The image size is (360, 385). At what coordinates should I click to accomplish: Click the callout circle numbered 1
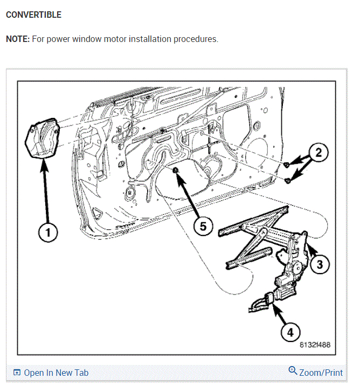click(x=47, y=233)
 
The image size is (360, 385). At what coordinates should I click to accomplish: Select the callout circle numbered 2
click(x=319, y=152)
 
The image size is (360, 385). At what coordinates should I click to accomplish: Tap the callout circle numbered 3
click(x=320, y=264)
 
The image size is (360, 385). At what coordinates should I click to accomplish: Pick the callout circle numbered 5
click(x=203, y=227)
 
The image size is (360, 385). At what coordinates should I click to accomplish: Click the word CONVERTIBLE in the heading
click(x=33, y=15)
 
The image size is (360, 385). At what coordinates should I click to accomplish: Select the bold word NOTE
click(x=17, y=39)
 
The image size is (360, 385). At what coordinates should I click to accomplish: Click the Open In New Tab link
click(x=56, y=373)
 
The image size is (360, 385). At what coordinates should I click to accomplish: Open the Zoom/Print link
click(x=321, y=373)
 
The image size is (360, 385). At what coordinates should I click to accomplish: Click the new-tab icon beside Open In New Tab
click(x=17, y=373)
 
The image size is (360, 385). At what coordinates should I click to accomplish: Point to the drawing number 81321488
click(x=315, y=345)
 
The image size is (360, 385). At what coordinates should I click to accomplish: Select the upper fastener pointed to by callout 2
click(x=287, y=164)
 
